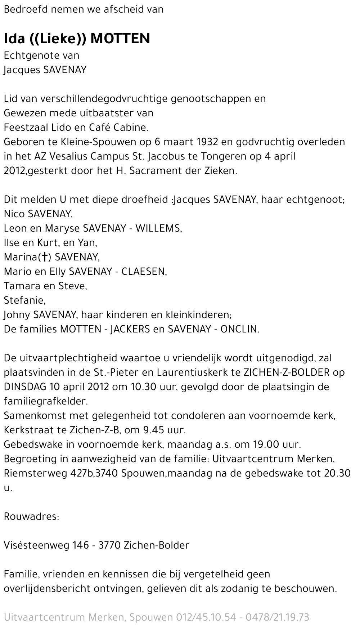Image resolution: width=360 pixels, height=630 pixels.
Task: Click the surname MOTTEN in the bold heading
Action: point(120,39)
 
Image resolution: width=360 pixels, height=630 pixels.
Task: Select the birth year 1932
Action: point(208,142)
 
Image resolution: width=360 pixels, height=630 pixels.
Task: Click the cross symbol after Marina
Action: point(45,257)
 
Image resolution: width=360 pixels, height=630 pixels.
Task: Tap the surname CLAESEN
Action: point(144,272)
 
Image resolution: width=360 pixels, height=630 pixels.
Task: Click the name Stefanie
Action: point(24,300)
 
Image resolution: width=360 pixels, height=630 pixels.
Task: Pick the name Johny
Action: point(17,315)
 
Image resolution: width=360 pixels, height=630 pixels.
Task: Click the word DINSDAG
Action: point(25,387)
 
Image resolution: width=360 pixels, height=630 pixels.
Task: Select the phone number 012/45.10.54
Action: point(206,617)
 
